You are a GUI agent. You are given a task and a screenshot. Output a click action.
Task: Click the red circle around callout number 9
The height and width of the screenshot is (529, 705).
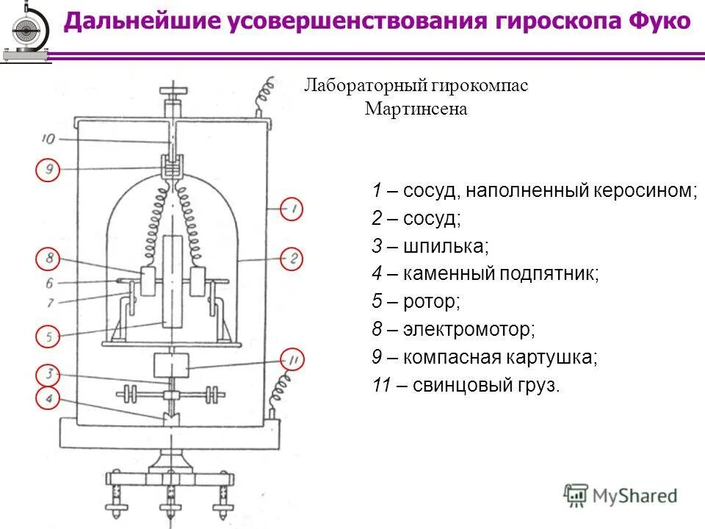pos(48,170)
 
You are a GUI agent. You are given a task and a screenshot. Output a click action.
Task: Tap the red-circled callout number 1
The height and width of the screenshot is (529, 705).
pos(292,209)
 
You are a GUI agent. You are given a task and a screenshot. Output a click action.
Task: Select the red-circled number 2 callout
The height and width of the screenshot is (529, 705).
pos(292,258)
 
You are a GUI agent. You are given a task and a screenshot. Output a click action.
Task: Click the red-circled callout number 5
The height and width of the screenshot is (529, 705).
pos(48,337)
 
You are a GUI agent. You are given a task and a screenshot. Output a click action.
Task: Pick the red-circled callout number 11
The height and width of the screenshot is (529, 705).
pos(292,360)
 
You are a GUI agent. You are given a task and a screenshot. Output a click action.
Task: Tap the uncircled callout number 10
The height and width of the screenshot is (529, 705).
pos(49,137)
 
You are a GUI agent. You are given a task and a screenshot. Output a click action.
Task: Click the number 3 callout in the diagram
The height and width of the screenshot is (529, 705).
pos(48,373)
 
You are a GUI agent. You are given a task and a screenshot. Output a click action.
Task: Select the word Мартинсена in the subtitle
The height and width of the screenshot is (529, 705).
pos(416,109)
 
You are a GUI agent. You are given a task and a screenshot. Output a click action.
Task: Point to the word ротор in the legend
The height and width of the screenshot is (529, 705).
pos(431,302)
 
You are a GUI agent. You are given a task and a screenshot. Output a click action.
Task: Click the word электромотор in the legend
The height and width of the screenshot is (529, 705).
pos(469,330)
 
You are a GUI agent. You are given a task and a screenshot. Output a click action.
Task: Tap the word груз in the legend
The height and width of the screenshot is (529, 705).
pos(535,385)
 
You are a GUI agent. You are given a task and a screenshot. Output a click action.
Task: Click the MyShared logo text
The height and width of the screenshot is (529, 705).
pos(634,497)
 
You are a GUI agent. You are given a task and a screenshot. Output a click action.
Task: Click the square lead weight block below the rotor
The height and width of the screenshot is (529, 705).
pos(171,363)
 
